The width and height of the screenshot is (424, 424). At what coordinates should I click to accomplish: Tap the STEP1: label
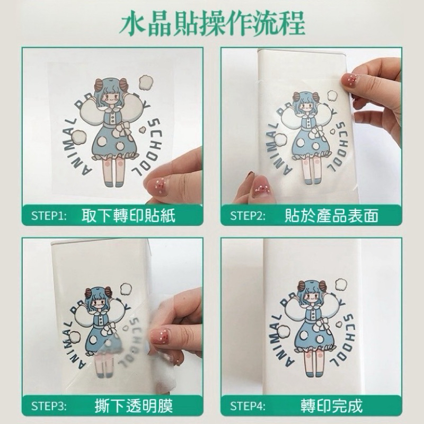[x=49, y=216]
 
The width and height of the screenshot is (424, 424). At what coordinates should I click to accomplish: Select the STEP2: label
[x=248, y=216]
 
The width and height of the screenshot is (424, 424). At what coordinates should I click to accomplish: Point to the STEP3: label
[x=49, y=406]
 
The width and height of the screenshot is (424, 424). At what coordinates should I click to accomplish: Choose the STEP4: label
[x=248, y=406]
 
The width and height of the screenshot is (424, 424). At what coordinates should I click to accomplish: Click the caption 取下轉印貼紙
[x=128, y=216]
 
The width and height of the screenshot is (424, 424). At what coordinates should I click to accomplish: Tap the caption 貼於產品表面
[x=332, y=216]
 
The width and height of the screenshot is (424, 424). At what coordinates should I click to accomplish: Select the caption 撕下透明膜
[x=134, y=406]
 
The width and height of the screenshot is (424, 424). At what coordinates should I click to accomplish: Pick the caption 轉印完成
[x=332, y=406]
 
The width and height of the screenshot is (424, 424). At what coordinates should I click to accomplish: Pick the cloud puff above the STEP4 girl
[x=341, y=284]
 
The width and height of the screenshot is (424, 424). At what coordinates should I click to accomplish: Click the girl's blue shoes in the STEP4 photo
[x=314, y=374]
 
